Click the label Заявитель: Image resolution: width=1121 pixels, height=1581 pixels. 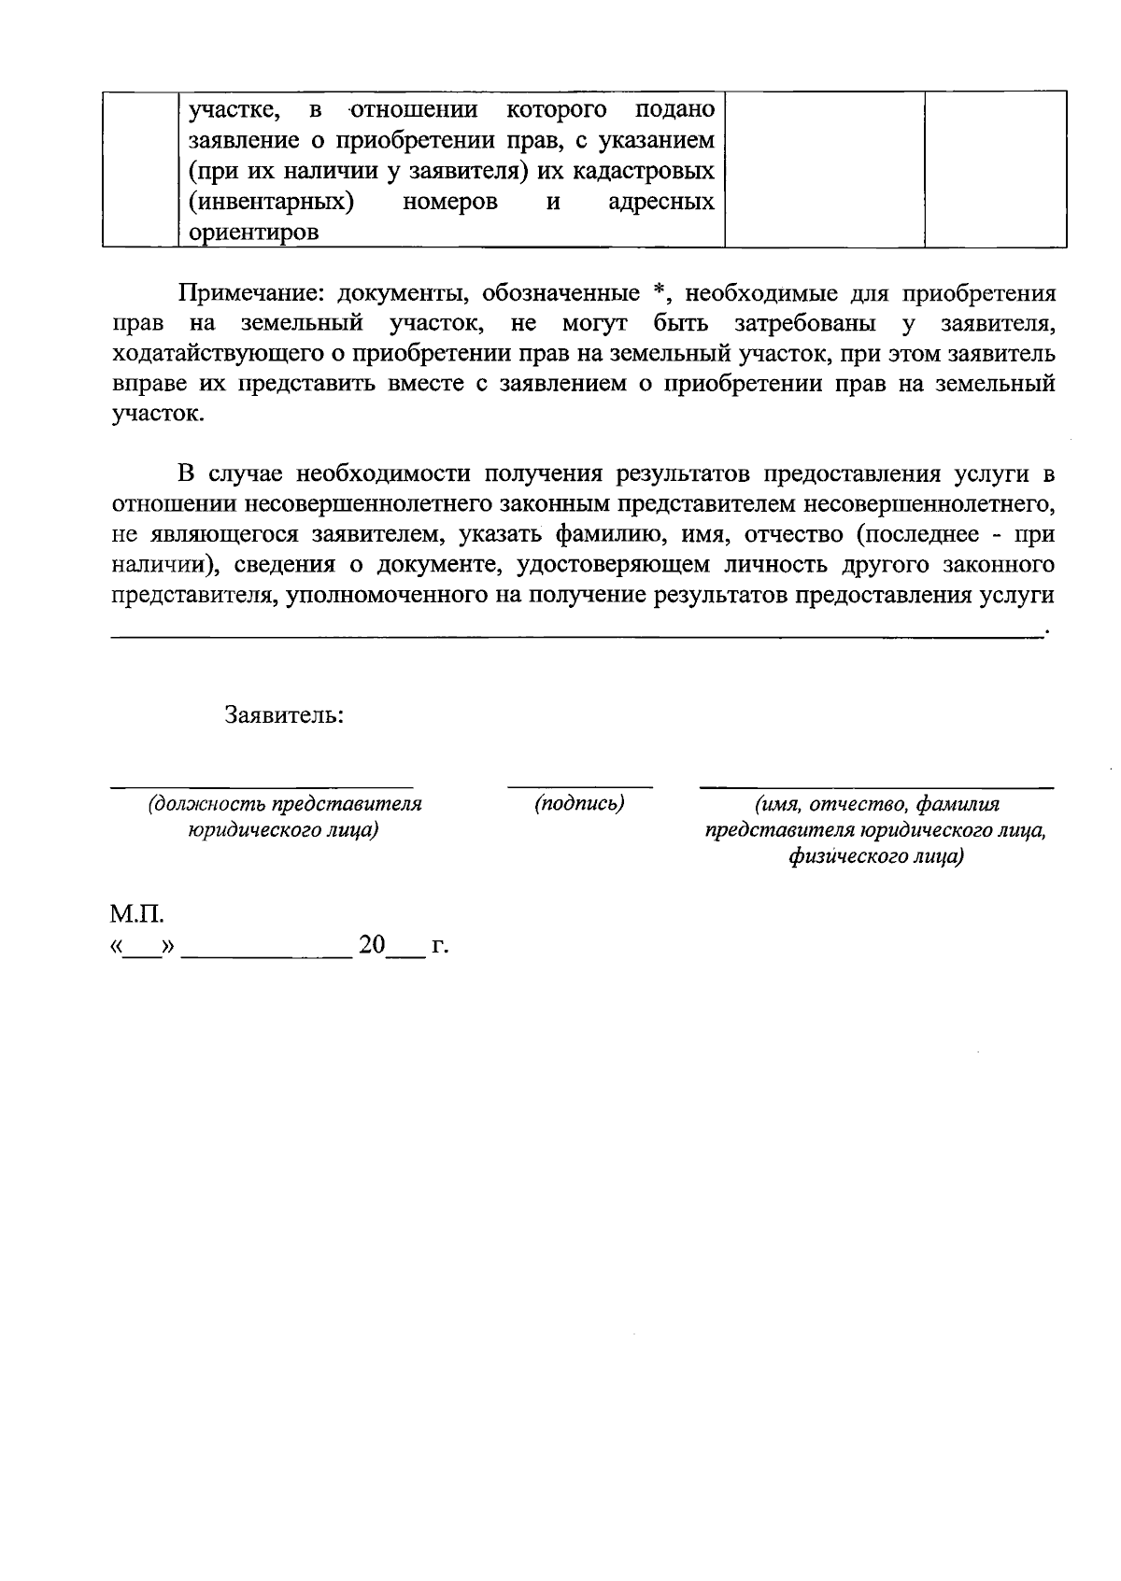pyautogui.click(x=283, y=715)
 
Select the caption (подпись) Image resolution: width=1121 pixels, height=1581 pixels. pyautogui.click(x=579, y=804)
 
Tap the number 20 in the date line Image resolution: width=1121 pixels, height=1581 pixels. pyautogui.click(x=372, y=945)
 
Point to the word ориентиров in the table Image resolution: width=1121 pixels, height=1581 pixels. pyautogui.click(x=253, y=233)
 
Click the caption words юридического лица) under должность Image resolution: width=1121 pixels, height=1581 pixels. pyautogui.click(x=283, y=830)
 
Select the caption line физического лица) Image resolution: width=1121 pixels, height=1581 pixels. pyautogui.click(x=875, y=856)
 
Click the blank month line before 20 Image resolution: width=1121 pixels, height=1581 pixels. pyautogui.click(x=266, y=954)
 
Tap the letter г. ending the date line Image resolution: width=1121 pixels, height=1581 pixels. pyautogui.click(x=439, y=946)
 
